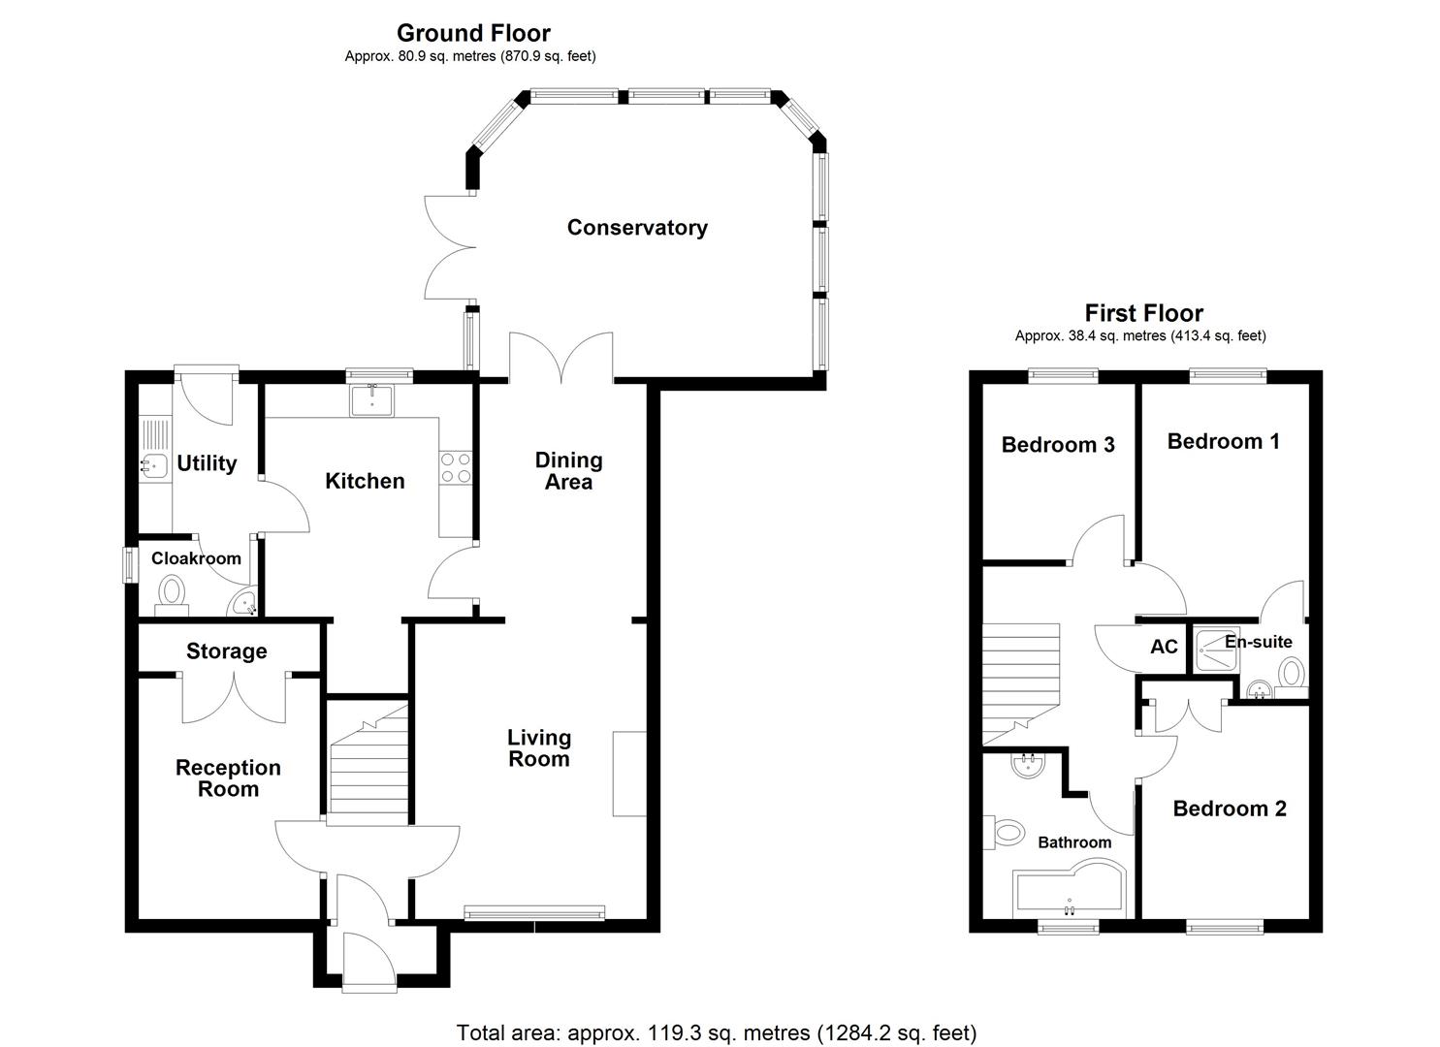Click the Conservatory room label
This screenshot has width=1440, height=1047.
tap(637, 228)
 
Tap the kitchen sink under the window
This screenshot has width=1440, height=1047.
tap(372, 398)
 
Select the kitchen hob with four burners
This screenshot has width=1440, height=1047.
tap(456, 468)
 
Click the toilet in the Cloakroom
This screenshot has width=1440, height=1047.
tap(172, 592)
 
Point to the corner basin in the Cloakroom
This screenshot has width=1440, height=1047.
tap(243, 604)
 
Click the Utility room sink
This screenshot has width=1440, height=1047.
tap(152, 466)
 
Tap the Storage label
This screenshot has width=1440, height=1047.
tap(226, 651)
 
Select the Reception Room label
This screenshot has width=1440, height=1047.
tap(228, 778)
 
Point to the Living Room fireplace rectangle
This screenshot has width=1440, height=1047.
tap(629, 774)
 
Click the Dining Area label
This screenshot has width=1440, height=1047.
tap(568, 471)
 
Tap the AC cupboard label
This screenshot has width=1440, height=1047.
tap(1164, 647)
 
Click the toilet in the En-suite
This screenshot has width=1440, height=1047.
tap(1291, 672)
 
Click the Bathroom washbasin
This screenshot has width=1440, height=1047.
tap(1026, 767)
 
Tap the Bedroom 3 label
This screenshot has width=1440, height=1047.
tap(1058, 445)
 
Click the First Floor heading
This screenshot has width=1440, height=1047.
tap(1143, 313)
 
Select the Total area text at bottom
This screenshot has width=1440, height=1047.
tap(716, 1032)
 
